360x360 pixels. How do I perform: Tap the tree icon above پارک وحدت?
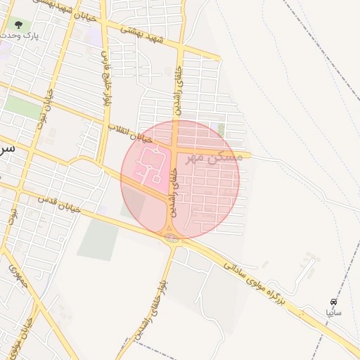coord(18,25)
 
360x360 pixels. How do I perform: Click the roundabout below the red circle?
coord(171,237)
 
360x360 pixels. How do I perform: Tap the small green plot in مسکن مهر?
coord(221,129)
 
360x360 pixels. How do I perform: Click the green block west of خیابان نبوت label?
coord(23,107)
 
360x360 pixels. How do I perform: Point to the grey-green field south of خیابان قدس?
coord(98,239)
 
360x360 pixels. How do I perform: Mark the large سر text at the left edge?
coord(7,150)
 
